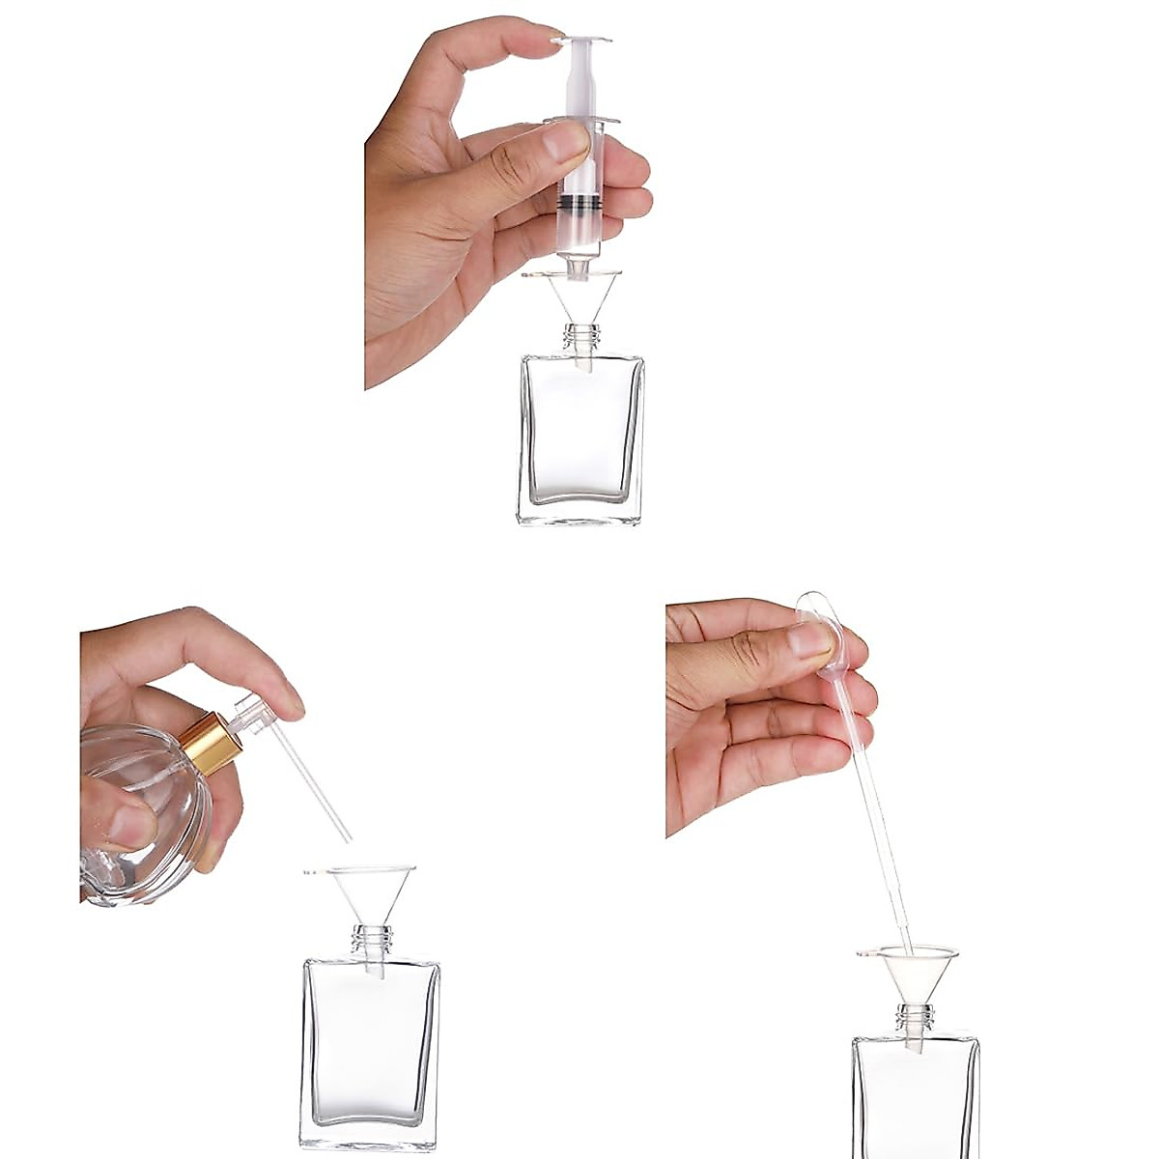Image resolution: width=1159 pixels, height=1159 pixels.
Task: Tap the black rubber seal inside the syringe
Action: (580, 204)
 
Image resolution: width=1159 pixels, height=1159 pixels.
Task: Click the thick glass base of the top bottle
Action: (580, 512)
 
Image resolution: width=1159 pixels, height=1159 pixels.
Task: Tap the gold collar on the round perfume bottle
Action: (212, 744)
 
